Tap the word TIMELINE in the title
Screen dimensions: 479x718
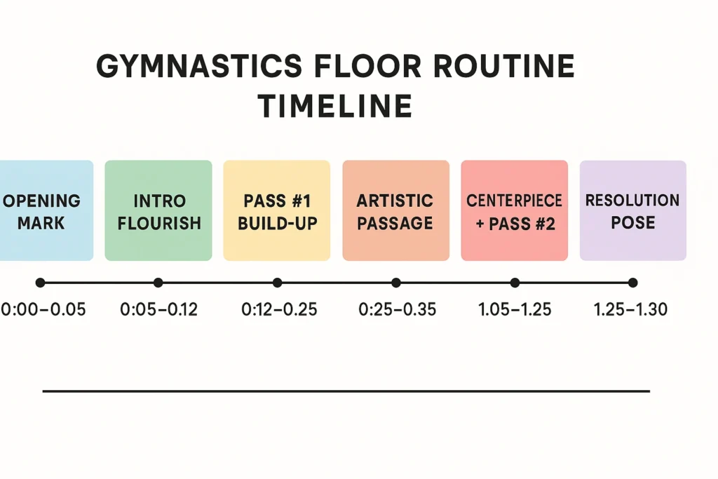(x=334, y=107)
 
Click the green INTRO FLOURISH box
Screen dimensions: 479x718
(x=158, y=210)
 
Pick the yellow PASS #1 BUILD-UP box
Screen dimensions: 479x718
(x=277, y=210)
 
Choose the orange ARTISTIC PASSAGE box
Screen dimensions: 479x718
(x=395, y=210)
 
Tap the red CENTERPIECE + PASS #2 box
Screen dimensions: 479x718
(x=515, y=210)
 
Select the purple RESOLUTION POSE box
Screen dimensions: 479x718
(x=632, y=210)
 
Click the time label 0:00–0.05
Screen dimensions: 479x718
(x=43, y=309)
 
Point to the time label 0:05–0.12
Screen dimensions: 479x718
(x=159, y=309)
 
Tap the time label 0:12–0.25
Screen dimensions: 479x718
(x=278, y=309)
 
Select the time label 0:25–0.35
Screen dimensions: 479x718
(x=396, y=309)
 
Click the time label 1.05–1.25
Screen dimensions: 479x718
(x=515, y=309)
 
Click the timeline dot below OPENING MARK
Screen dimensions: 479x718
(x=40, y=283)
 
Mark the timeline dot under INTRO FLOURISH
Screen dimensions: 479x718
(x=158, y=283)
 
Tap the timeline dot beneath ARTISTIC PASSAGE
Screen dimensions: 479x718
(x=396, y=283)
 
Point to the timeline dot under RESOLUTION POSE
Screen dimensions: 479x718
(x=632, y=283)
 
